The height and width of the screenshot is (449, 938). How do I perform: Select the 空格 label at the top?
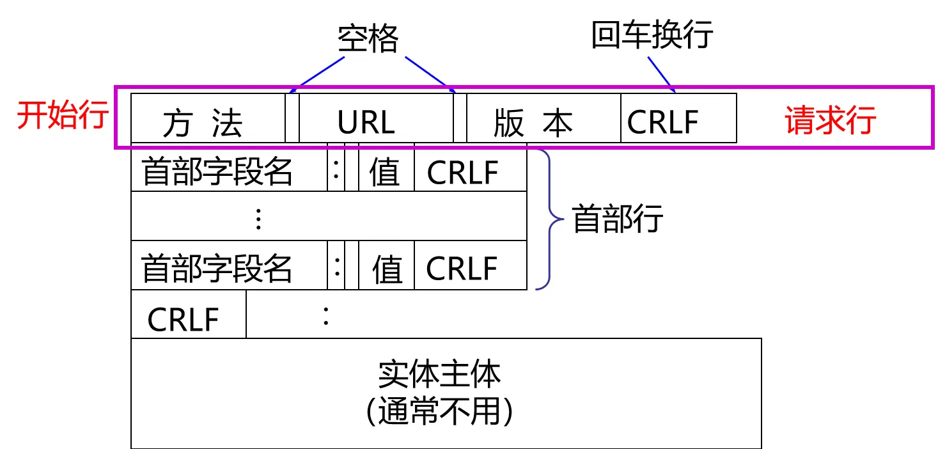coord(368,40)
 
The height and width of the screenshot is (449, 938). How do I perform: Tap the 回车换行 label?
coord(651,35)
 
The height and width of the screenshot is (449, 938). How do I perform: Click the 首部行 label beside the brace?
coord(617,219)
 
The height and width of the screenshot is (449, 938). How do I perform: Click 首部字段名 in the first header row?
coord(217,171)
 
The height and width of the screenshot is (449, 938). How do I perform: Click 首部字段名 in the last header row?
coord(217,267)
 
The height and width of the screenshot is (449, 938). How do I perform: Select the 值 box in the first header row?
coord(386,171)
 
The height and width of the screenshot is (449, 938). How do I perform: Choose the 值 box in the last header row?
coord(386,267)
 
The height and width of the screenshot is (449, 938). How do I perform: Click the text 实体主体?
coord(439,374)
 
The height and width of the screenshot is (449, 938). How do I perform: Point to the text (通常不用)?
coord(439,411)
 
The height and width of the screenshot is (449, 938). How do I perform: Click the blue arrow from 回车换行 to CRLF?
coord(662,73)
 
